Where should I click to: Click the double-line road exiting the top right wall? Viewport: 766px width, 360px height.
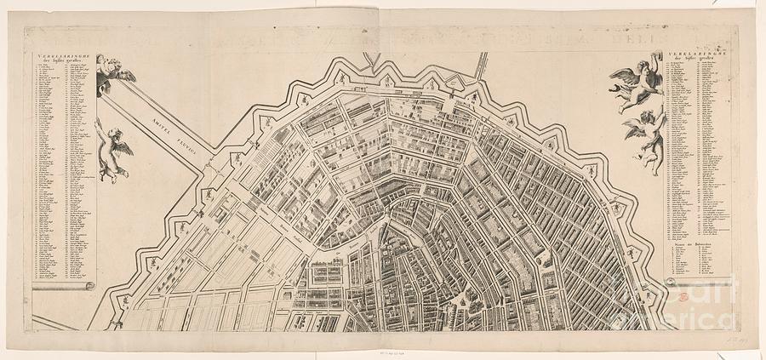[483, 65]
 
